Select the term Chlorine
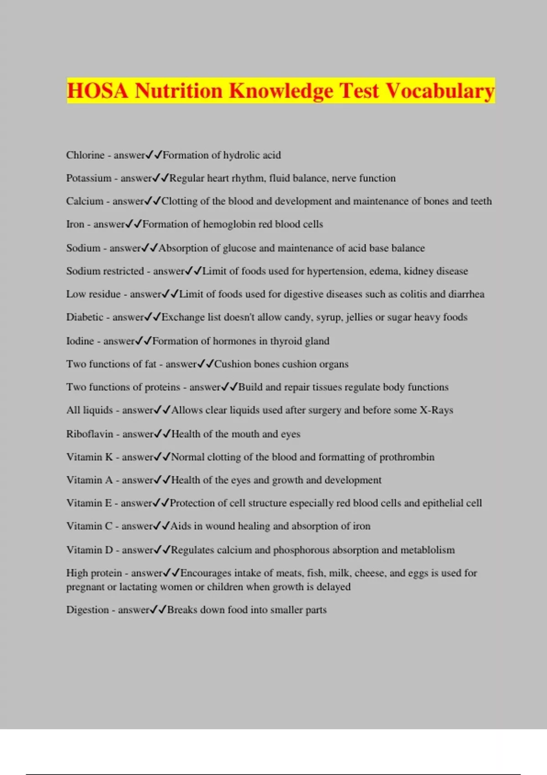click(85, 155)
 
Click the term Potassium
click(89, 178)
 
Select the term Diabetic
click(85, 317)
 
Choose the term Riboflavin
click(89, 434)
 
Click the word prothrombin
click(407, 457)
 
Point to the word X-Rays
click(436, 410)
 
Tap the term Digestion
click(87, 610)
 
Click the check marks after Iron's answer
click(134, 224)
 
